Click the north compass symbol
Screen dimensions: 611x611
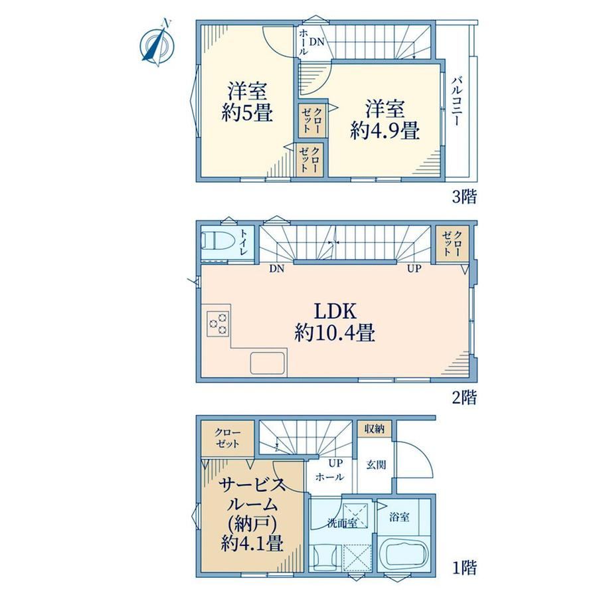point(157,44)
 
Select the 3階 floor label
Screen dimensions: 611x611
point(464,197)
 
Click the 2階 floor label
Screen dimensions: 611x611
point(464,397)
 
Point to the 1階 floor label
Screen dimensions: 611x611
point(464,567)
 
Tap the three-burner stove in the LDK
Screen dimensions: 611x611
point(218,323)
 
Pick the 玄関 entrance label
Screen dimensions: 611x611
point(376,464)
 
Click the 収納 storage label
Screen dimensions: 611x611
point(375,428)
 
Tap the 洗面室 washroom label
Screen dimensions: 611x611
point(343,523)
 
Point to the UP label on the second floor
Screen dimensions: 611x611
point(414,268)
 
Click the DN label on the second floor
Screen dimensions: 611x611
point(277,268)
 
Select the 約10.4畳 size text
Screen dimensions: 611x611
point(335,333)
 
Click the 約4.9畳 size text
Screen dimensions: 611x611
point(385,131)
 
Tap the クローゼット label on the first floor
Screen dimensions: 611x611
point(228,438)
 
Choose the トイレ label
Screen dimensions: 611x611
point(244,242)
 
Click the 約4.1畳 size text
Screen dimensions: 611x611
point(252,543)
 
